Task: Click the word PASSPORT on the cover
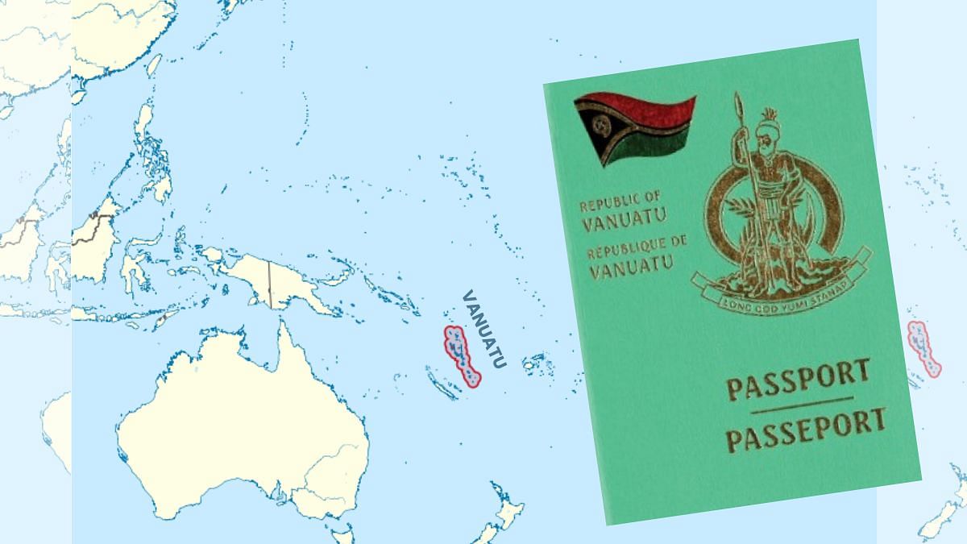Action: [798, 380]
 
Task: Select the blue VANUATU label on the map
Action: [483, 328]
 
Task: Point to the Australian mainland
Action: [242, 427]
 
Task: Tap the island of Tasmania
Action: [343, 535]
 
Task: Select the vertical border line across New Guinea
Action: [269, 282]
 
